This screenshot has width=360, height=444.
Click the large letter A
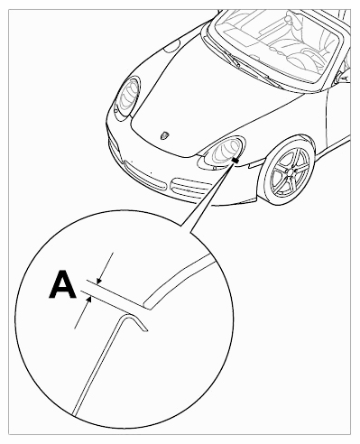[x=62, y=284]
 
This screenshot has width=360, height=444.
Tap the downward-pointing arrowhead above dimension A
[x=98, y=282]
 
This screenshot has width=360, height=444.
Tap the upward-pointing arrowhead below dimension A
[x=89, y=299]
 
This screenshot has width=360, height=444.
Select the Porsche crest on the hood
[x=164, y=135]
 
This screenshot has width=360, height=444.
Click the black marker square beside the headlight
[x=235, y=161]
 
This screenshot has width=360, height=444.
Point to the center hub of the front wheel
[x=291, y=171]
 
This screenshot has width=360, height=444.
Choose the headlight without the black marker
[x=128, y=97]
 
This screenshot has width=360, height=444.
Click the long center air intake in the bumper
[x=145, y=177]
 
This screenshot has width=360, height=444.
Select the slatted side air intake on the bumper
[x=190, y=189]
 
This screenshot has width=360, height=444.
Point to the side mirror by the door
[x=344, y=76]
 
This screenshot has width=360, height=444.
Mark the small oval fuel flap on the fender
[x=171, y=47]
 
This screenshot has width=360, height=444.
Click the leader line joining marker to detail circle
[x=208, y=197]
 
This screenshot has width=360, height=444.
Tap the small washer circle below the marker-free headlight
[x=115, y=111]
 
